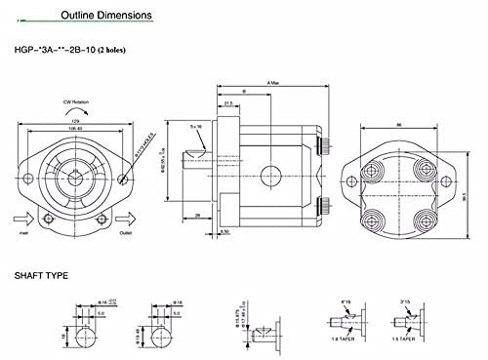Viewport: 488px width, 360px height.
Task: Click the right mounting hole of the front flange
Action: click(x=122, y=179)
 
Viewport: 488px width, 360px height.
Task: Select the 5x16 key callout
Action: click(x=197, y=126)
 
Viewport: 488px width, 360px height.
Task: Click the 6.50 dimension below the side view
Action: click(x=225, y=232)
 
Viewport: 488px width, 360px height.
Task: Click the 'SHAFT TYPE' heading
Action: click(x=42, y=276)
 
